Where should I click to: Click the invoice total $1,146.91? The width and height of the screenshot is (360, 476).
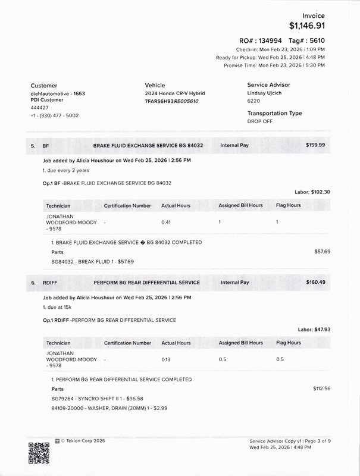pyautogui.click(x=307, y=26)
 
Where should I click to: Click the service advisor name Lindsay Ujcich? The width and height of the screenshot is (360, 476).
pyautogui.click(x=266, y=93)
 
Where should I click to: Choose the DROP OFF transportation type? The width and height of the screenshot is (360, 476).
pyautogui.click(x=261, y=121)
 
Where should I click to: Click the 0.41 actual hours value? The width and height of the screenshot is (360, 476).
pyautogui.click(x=167, y=222)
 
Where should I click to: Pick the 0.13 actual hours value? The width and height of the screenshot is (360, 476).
pyautogui.click(x=167, y=359)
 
